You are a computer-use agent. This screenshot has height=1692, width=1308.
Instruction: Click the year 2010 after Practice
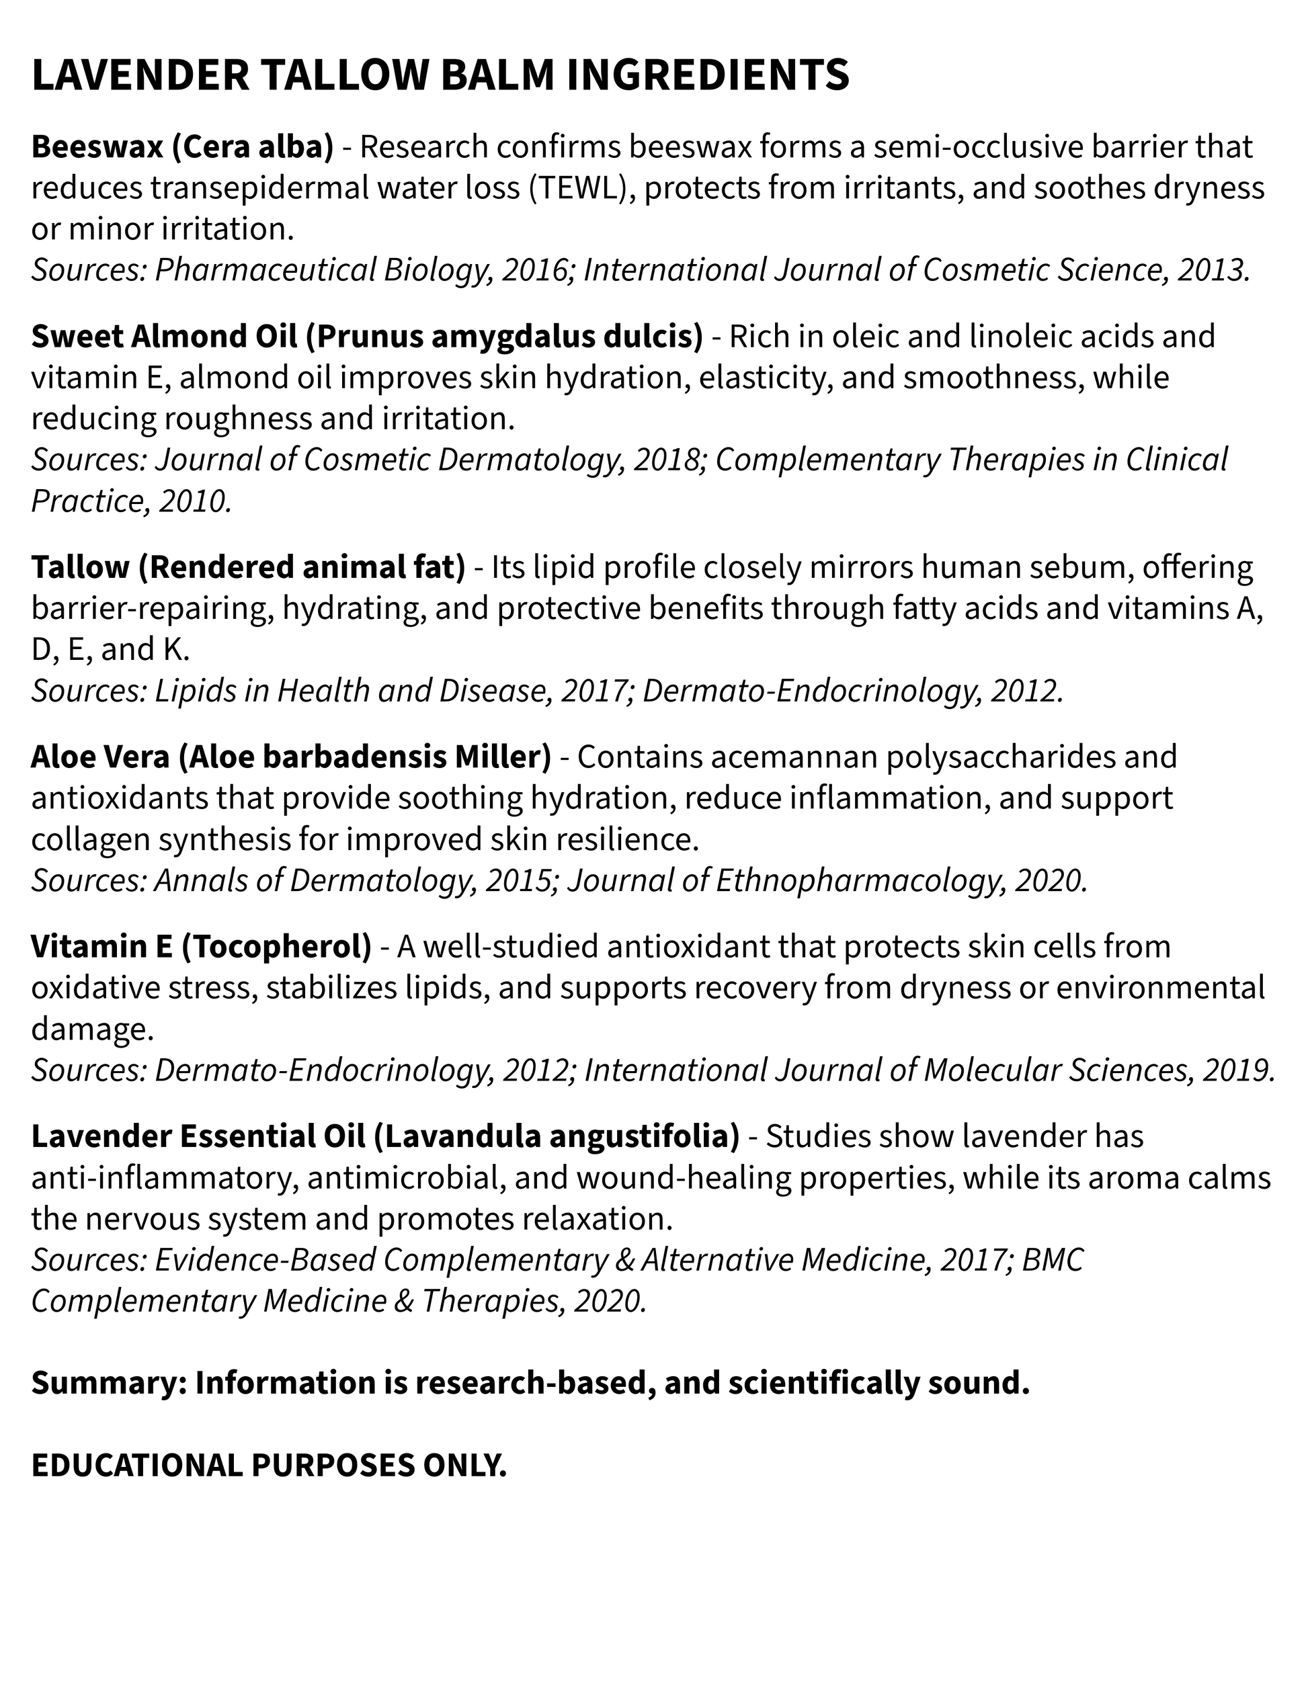(x=194, y=501)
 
